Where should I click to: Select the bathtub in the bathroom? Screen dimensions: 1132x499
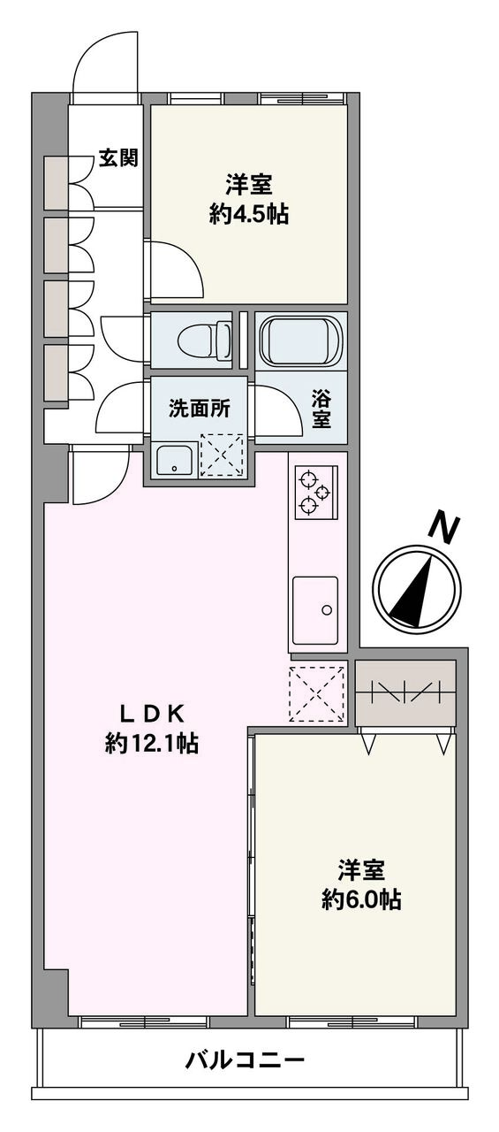[x=299, y=339]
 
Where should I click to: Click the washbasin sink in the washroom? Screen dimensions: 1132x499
[x=175, y=459]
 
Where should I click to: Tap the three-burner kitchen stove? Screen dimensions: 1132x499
[x=313, y=492]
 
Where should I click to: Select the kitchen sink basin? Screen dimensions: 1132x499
[x=315, y=610]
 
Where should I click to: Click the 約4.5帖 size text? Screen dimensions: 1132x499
[x=248, y=214]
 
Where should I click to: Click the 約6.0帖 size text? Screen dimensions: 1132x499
[x=359, y=899]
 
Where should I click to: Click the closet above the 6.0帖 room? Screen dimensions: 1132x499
[x=405, y=692]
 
